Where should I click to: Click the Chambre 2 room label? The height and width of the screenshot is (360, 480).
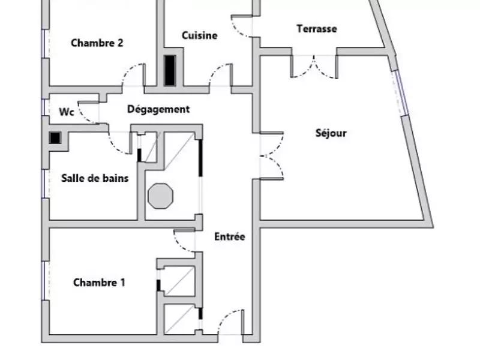coord(97,43)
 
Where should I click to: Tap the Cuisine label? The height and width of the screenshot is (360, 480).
coord(200,35)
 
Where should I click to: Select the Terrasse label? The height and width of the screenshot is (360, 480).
coord(316,29)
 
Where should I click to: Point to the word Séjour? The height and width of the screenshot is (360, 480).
coord(331,133)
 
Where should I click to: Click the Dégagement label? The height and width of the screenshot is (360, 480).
coord(158,109)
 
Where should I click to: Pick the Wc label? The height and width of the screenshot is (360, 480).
coord(66,112)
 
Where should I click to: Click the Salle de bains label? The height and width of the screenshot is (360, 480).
coord(95,178)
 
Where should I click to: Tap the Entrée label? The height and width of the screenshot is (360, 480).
coord(230,237)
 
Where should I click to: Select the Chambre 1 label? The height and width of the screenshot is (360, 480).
coord(99,283)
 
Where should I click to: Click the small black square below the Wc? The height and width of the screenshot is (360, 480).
coord(55,138)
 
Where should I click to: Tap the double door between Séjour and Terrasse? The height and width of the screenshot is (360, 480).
coord(314,66)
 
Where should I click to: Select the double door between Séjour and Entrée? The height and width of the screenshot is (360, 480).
coord(271,155)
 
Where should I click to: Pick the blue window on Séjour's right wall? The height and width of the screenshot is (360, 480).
coord(400,93)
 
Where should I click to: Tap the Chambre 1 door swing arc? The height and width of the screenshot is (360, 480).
coord(184,240)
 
